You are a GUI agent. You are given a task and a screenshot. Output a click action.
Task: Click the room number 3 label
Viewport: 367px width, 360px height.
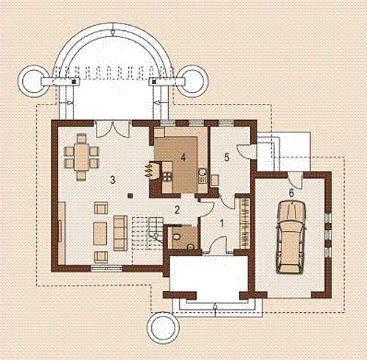(113, 180)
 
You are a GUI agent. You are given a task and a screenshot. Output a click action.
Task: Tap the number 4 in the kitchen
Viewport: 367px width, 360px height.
(183, 158)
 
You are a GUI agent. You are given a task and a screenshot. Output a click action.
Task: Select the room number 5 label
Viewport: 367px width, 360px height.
(226, 158)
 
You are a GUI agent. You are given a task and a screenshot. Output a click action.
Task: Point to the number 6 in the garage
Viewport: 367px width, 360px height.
(291, 193)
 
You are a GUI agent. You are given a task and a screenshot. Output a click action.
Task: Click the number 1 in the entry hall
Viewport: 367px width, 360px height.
(222, 223)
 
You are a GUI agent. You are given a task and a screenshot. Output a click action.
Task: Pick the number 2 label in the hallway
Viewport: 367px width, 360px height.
(177, 210)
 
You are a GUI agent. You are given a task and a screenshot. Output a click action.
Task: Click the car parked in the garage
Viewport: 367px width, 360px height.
(292, 237)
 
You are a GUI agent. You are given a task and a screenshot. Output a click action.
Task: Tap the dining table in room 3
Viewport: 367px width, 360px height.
(81, 157)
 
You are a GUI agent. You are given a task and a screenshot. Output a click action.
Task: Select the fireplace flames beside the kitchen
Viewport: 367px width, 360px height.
(147, 171)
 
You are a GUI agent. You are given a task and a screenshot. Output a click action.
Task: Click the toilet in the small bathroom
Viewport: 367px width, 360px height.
(176, 236)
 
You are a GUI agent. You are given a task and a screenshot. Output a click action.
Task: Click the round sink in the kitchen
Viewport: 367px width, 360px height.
(203, 172)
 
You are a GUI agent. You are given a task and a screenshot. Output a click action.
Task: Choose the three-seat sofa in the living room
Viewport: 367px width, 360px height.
(120, 233)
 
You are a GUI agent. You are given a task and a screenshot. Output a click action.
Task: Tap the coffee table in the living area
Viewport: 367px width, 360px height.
(100, 233)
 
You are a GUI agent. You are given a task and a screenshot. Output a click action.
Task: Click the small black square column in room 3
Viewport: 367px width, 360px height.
(130, 196)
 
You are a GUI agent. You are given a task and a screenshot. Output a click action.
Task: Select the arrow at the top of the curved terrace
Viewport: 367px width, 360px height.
(113, 30)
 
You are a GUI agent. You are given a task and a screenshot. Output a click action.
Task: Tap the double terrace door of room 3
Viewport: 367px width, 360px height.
(113, 129)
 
